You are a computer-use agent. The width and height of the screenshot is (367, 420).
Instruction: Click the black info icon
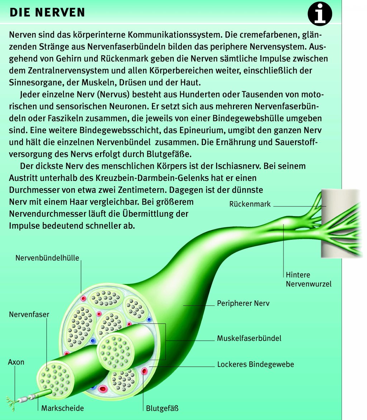point(320,13)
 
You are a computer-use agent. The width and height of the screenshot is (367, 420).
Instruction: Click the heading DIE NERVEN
point(47,13)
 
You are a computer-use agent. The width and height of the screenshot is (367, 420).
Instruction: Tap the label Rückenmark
point(250,204)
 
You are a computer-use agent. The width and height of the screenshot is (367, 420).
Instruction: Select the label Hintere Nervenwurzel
point(308,279)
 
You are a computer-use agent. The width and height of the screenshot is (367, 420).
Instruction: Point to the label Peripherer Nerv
point(243,303)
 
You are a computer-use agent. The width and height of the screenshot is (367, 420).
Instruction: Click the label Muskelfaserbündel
point(249,338)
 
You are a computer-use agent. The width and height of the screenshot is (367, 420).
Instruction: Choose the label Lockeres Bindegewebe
point(255,364)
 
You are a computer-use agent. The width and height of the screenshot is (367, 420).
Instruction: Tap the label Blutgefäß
point(162,408)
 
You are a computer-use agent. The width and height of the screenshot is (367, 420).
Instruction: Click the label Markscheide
point(62,408)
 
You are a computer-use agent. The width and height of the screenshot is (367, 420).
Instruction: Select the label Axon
point(16,362)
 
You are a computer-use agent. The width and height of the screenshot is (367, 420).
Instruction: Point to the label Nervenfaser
point(29,314)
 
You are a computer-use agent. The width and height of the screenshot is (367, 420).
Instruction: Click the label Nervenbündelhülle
point(47,258)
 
